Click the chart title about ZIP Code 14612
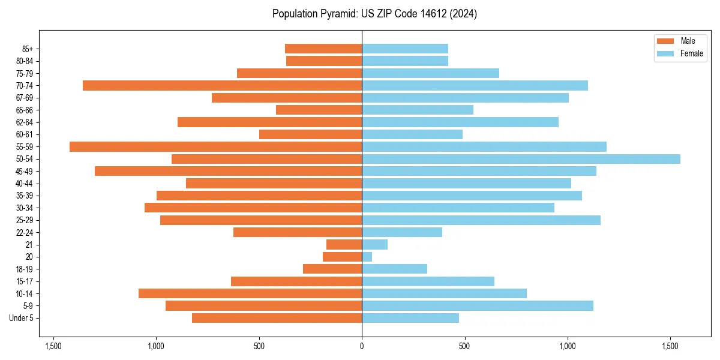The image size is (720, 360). (x=374, y=14)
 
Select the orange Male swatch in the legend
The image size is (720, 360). (x=665, y=41)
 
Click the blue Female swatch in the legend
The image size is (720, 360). (x=665, y=53)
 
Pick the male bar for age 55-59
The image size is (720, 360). (x=215, y=146)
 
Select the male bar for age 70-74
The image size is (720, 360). (x=222, y=86)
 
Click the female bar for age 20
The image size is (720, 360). (x=367, y=257)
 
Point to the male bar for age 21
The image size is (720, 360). (x=344, y=245)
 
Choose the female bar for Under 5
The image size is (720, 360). (x=410, y=318)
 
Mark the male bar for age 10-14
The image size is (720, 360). (x=250, y=293)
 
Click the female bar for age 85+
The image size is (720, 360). (x=405, y=49)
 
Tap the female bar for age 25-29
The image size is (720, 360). (x=481, y=220)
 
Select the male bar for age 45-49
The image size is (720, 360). (x=228, y=171)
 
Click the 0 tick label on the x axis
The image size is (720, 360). (x=362, y=346)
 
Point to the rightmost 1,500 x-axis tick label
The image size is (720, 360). (x=670, y=346)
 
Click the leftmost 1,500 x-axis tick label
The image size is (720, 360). (x=53, y=346)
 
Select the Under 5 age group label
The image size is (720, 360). (x=22, y=318)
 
